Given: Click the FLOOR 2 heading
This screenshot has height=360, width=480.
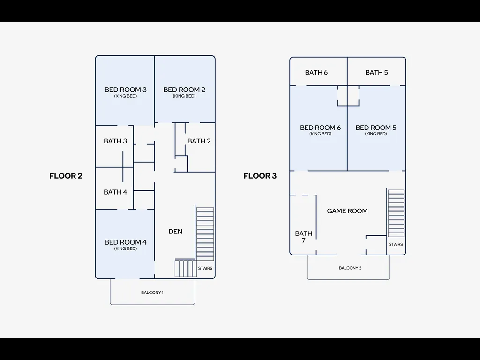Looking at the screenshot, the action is (x=66, y=176).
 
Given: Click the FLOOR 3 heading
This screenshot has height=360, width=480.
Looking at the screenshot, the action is (x=260, y=176).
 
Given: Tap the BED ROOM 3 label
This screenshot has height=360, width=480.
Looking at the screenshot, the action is (x=126, y=90).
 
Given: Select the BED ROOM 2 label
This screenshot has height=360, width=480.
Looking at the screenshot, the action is (x=184, y=90).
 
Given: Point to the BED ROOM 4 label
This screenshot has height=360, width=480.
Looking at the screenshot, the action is (x=126, y=242).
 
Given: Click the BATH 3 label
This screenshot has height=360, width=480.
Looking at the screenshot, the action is (x=115, y=141).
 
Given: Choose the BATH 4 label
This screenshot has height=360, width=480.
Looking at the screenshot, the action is (x=115, y=192).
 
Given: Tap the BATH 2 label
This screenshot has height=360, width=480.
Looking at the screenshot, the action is (x=199, y=141).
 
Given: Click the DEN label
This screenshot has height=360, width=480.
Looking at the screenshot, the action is (x=175, y=232).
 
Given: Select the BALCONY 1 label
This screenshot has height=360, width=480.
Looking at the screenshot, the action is (x=152, y=292).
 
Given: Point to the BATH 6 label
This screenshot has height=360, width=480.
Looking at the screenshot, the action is (x=316, y=73).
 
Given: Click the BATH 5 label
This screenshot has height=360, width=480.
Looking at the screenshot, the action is (x=376, y=73).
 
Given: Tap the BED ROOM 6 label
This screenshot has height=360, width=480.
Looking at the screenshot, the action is (x=321, y=127).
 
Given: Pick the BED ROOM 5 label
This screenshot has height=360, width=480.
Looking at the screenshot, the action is (x=376, y=127).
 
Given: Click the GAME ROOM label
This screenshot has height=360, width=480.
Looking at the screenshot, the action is (x=347, y=211).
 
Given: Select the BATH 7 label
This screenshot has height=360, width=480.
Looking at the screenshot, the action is (x=304, y=237).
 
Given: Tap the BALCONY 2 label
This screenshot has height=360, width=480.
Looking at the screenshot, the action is (x=350, y=268).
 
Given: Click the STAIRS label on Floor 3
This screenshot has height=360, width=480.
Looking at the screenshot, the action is (x=396, y=244).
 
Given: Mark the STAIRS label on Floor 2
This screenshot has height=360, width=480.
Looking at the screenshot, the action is (x=205, y=268).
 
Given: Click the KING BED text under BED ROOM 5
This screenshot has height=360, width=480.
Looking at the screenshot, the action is (x=376, y=134).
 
